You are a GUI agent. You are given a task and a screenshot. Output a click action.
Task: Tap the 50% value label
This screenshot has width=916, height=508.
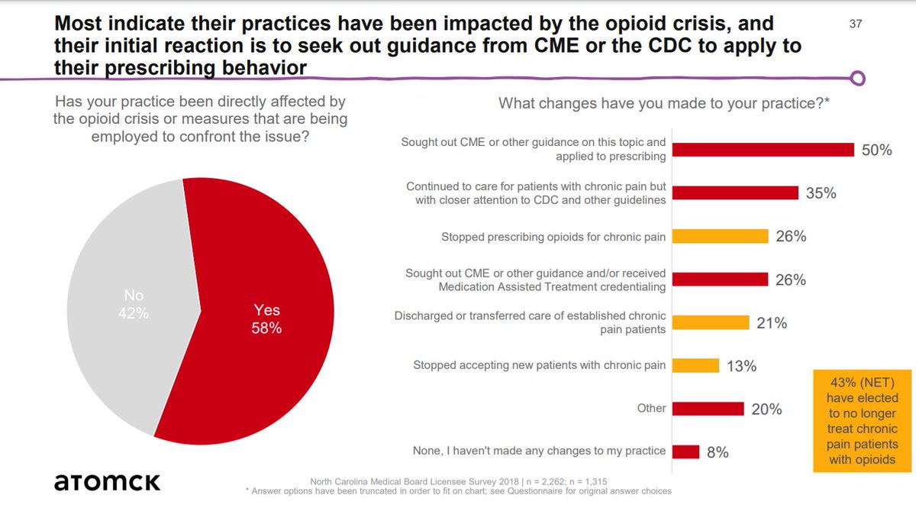pos(876,150)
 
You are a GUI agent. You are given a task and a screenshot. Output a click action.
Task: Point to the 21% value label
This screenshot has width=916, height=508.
pos(771,323)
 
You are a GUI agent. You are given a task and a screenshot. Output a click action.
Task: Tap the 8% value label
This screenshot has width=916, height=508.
pos(717,452)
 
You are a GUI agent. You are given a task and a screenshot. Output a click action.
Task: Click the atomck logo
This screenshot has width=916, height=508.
pos(107,482)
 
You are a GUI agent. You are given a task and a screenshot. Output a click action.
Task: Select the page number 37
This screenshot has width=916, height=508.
pos(855,24)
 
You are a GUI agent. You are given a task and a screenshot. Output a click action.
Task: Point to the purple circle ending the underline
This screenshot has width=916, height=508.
pos(858,78)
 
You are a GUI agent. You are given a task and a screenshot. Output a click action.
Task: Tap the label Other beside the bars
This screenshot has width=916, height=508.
pos(652,408)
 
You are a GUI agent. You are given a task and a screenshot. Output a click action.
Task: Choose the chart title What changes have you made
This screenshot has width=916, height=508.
pos(664,104)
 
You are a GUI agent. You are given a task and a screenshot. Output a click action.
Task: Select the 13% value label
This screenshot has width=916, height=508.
pos(740,367)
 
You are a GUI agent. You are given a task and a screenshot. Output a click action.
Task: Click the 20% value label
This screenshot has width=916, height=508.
pos(766,409)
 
